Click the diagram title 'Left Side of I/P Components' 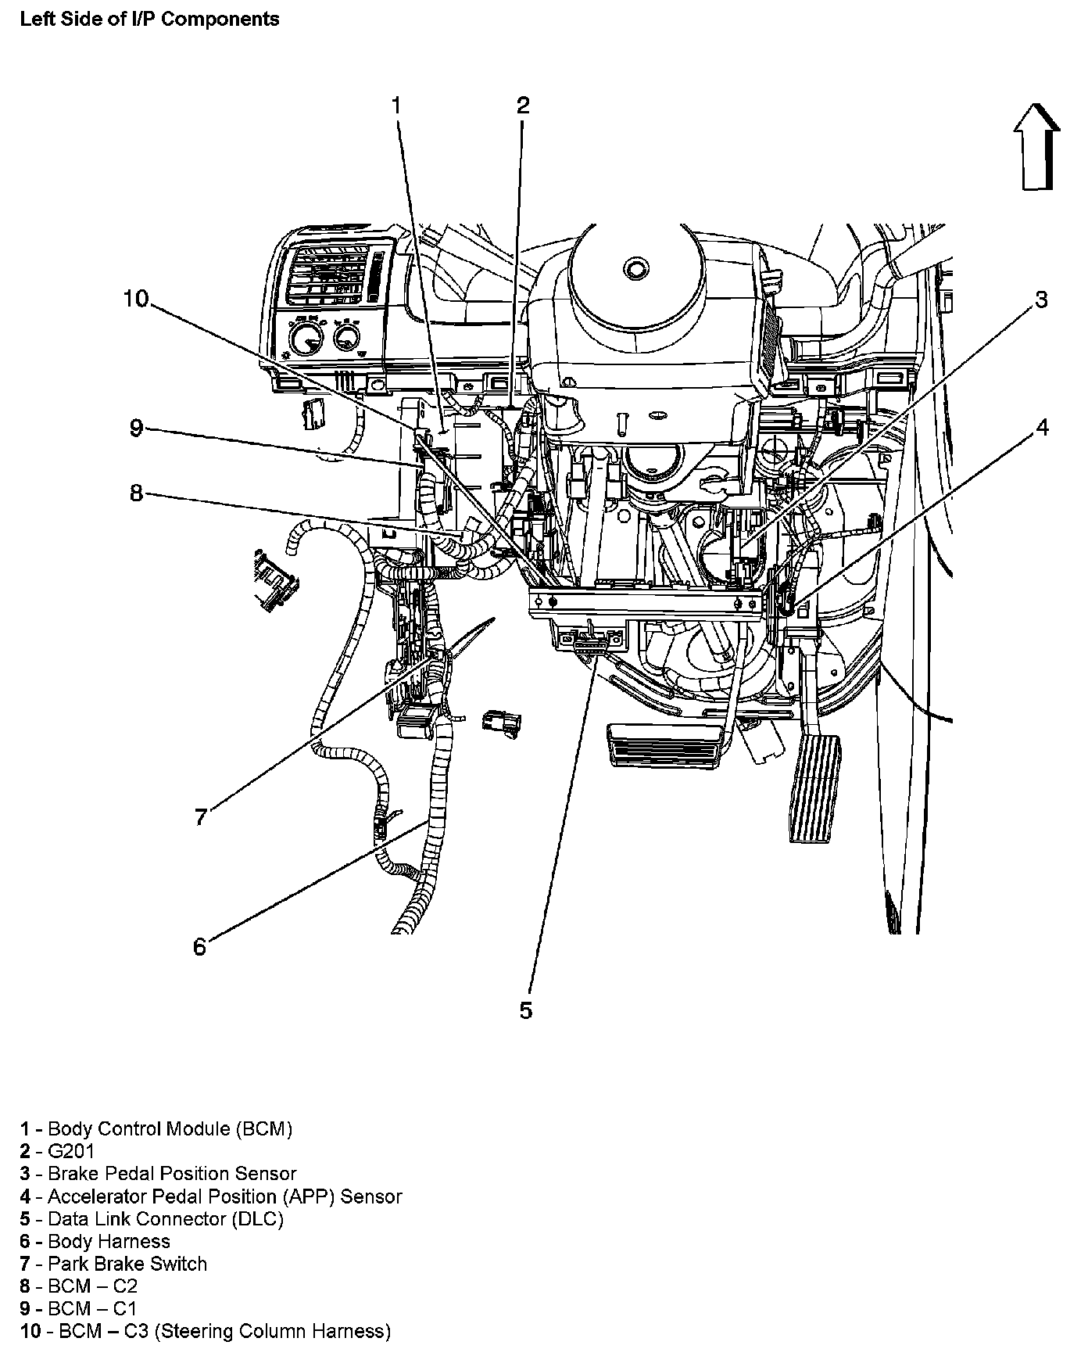click(149, 19)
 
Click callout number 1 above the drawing click(396, 105)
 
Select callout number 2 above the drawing click(523, 105)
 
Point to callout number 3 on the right click(1041, 300)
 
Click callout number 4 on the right click(1042, 427)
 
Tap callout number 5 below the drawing click(525, 1010)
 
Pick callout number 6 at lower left click(200, 947)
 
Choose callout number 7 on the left click(201, 817)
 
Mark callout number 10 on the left click(135, 299)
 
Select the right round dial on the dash click(345, 338)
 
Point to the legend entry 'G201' click(70, 1151)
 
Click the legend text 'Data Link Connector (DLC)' click(165, 1218)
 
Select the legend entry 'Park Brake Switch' click(127, 1264)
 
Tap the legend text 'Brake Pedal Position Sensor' click(172, 1174)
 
